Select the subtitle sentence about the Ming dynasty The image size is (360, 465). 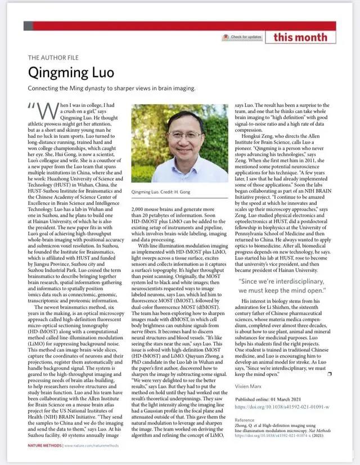(111, 88)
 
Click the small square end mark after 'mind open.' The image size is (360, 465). (329, 373)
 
